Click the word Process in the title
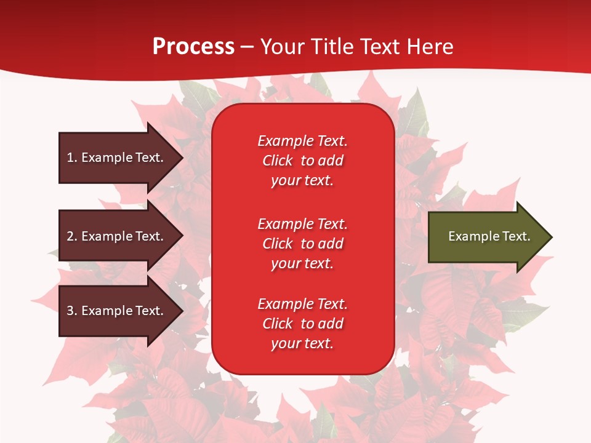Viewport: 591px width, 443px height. [193, 46]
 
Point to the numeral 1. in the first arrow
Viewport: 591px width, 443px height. [72, 158]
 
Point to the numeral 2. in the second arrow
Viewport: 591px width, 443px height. [72, 236]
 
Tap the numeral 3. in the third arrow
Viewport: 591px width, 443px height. [72, 311]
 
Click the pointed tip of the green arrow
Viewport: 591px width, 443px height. [549, 237]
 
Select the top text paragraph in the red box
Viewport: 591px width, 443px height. [302, 161]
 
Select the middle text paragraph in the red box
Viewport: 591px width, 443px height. [302, 244]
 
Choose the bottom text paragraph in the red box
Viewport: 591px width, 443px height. [302, 324]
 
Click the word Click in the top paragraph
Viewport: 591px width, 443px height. [278, 161]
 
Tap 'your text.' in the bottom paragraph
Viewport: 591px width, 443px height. [302, 343]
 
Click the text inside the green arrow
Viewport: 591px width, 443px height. [489, 236]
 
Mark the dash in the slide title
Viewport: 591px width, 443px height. [247, 47]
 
